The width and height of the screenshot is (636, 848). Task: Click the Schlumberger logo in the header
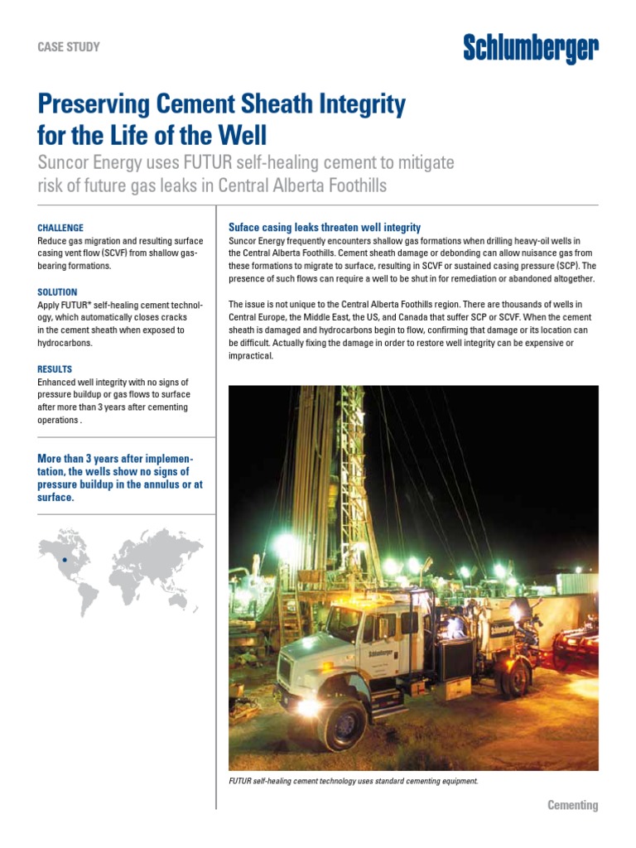coord(530,51)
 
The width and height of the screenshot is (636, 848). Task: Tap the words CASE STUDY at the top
coord(69,47)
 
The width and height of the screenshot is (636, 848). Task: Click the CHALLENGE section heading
coord(60,228)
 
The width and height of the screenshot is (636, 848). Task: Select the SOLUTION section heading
coord(57,292)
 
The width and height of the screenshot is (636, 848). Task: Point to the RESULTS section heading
coord(55,369)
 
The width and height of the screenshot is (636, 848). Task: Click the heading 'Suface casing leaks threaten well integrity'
coord(324,227)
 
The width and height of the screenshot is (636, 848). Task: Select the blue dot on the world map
coord(64,561)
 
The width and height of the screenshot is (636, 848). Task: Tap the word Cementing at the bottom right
coord(572,805)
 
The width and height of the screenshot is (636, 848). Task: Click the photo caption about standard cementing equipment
coord(353,780)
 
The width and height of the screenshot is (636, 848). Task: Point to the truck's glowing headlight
coord(309,706)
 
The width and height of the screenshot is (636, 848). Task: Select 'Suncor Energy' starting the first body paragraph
coord(257,241)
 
